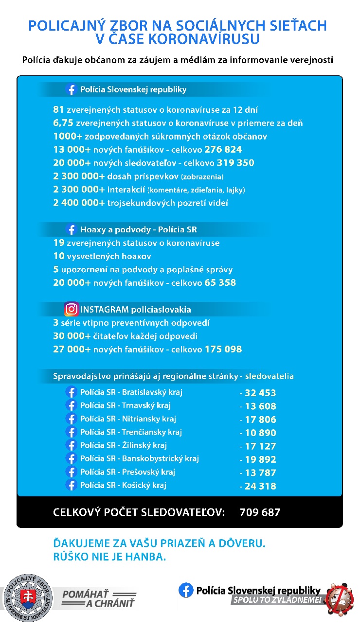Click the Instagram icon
click(72, 309)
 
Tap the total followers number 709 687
click(260, 512)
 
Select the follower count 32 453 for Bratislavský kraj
click(258, 393)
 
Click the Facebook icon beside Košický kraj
click(72, 485)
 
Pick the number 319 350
click(230, 163)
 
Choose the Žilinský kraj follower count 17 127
click(258, 446)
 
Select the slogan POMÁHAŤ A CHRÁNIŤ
click(99, 598)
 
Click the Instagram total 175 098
click(223, 349)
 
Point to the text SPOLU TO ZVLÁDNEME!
click(277, 600)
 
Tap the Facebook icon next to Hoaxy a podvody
click(72, 229)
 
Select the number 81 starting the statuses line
click(58, 109)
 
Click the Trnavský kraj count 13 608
click(258, 406)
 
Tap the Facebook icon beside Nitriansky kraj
click(72, 419)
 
